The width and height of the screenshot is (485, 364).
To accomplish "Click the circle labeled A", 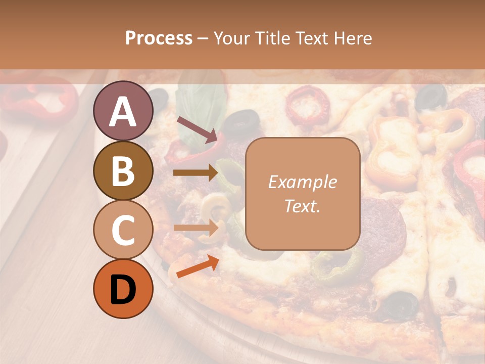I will (x=123, y=111).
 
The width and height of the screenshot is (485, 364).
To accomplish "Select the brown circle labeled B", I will (x=123, y=170).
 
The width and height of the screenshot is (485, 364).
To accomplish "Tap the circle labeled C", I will (x=123, y=230).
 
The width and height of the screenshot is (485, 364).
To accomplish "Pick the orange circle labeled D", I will (x=123, y=289).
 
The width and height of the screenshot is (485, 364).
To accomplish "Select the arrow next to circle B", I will (x=195, y=173).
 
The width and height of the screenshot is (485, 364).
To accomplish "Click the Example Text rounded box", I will (x=303, y=194).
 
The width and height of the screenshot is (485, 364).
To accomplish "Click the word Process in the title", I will (x=159, y=38).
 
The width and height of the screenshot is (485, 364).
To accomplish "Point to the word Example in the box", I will (x=302, y=182).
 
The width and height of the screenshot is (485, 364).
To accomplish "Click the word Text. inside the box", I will (x=302, y=206).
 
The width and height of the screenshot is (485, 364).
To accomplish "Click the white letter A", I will (x=123, y=111).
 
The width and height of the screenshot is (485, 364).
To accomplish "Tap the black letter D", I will (x=123, y=289).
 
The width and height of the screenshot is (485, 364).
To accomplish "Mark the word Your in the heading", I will (x=233, y=38).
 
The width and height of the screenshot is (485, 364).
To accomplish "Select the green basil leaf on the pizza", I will (x=201, y=104).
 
